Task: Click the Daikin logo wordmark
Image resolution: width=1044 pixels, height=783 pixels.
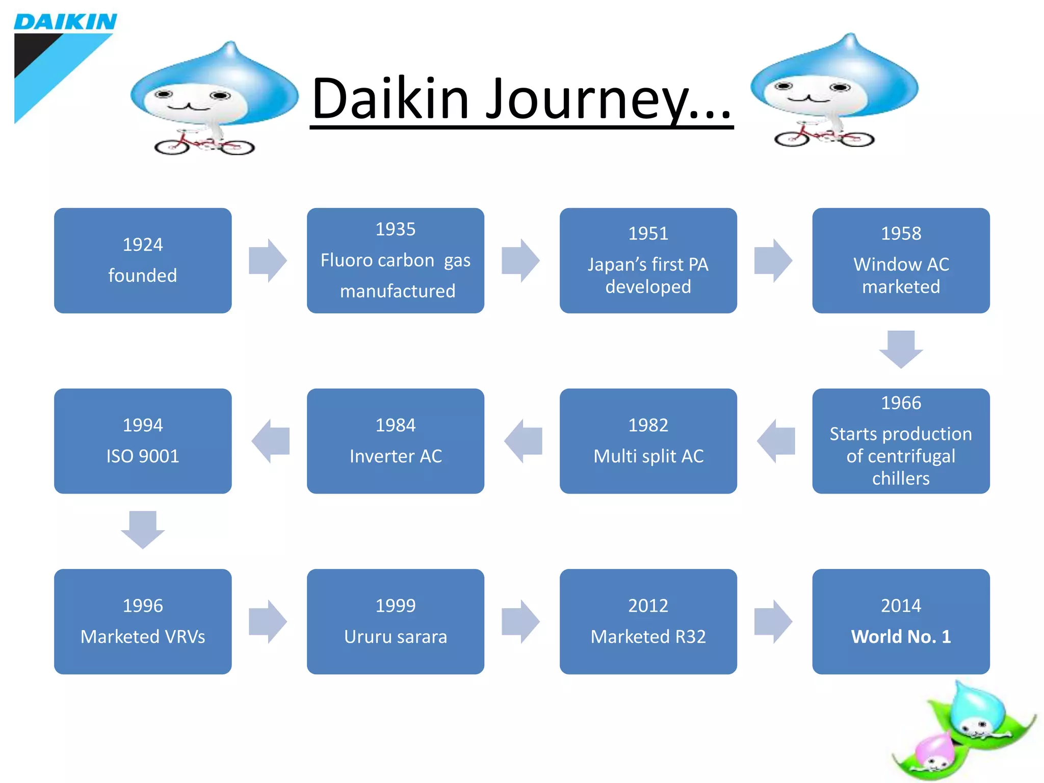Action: pyautogui.click(x=65, y=22)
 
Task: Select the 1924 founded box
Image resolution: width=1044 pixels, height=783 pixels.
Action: pyautogui.click(x=143, y=260)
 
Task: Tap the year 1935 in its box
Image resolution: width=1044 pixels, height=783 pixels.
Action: pyautogui.click(x=395, y=229)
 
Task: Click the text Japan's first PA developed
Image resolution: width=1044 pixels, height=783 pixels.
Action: pyautogui.click(x=648, y=275)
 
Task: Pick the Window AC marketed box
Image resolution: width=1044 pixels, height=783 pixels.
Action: pyautogui.click(x=901, y=260)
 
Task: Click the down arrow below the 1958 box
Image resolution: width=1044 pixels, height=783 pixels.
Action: pyautogui.click(x=901, y=350)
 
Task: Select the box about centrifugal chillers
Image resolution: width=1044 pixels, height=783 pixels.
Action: pyautogui.click(x=901, y=441)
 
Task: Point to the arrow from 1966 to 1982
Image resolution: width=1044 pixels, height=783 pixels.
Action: pyautogui.click(x=776, y=441)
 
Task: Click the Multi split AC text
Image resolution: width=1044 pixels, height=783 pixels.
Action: pyautogui.click(x=648, y=456)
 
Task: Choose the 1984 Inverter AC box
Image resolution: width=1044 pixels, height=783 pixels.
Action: pyautogui.click(x=395, y=441)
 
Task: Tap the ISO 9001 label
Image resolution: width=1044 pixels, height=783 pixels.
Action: pyautogui.click(x=143, y=456)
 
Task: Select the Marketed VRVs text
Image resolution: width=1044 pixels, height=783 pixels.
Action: pyautogui.click(x=143, y=637)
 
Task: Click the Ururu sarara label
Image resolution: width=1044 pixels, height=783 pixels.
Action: pyautogui.click(x=395, y=637)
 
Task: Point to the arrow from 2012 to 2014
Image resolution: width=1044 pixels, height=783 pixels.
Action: pyautogui.click(x=773, y=622)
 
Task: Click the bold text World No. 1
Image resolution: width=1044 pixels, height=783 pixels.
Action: pyautogui.click(x=901, y=637)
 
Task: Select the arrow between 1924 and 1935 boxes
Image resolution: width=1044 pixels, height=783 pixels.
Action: pyautogui.click(x=268, y=260)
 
